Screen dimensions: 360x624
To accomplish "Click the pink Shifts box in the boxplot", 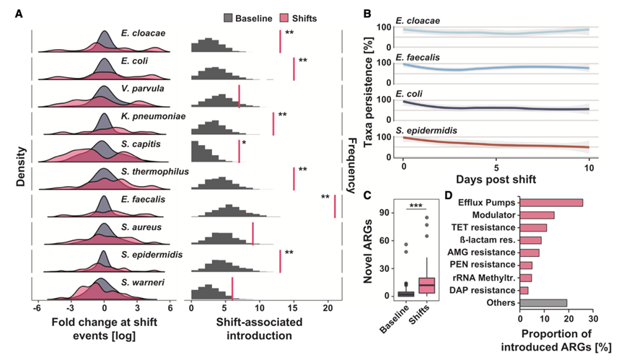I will point(428,284).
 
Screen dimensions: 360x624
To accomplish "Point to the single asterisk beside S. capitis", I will point(244,144).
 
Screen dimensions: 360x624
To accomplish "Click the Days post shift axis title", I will point(496,177).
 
